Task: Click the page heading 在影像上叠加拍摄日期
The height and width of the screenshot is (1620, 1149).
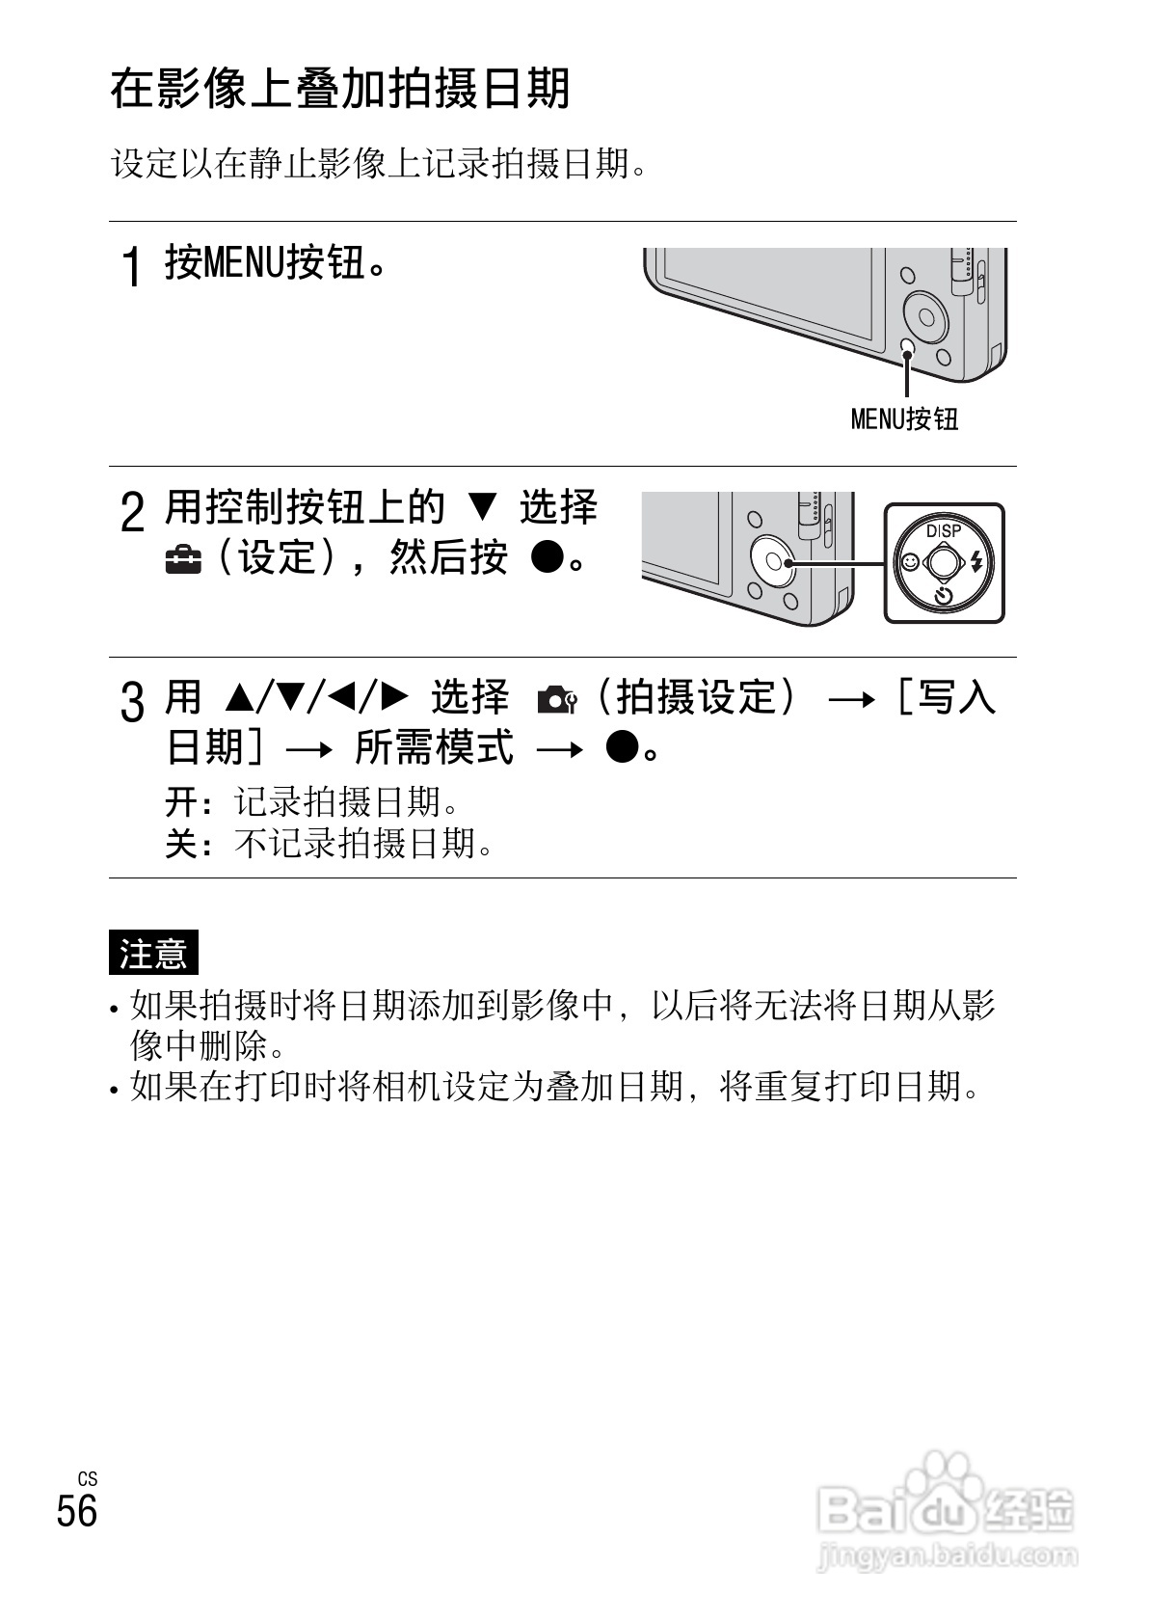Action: tap(340, 90)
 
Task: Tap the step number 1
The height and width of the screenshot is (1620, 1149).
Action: tap(134, 266)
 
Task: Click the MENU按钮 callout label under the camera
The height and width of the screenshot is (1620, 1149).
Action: tap(903, 418)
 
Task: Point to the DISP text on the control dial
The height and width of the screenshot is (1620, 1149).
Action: tap(943, 530)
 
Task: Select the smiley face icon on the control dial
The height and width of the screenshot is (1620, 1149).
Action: tap(907, 560)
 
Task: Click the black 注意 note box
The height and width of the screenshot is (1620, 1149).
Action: tap(153, 953)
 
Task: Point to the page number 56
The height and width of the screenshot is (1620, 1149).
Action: tap(77, 1510)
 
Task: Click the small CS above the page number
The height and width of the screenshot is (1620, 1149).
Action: tap(88, 1478)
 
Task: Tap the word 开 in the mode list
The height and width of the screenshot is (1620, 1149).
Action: tap(179, 801)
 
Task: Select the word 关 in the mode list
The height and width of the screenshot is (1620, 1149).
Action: tap(179, 845)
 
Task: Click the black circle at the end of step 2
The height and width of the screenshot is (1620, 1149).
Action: tap(547, 558)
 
